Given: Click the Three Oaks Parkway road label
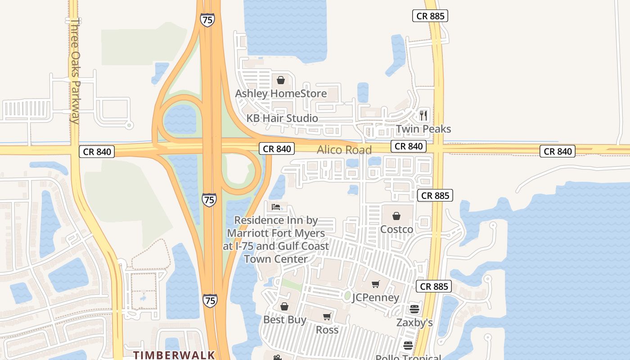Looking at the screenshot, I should [75, 71].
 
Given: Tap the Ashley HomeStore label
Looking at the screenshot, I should [281, 94].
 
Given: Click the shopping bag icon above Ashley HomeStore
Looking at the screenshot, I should [281, 81].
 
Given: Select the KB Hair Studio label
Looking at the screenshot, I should [282, 118].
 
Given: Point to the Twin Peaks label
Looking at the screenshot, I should [423, 129].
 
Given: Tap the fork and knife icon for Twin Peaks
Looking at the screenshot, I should [423, 116].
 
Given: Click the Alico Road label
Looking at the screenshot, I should [344, 150].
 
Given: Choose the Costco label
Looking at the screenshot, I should [396, 229].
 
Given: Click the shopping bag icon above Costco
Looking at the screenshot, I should [396, 216].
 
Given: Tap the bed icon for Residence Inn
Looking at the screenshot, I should [276, 207].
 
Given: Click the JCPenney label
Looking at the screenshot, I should [375, 297].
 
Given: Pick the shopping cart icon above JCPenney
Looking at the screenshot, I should [375, 284].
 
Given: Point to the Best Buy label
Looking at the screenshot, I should [284, 320].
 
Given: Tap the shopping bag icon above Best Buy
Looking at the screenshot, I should [284, 307].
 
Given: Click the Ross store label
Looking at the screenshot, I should [327, 330].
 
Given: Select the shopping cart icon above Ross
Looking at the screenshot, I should [327, 317].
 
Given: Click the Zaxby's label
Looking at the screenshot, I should [414, 322].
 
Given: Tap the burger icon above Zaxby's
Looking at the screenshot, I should [414, 309].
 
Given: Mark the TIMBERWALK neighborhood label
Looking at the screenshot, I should [174, 355].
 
